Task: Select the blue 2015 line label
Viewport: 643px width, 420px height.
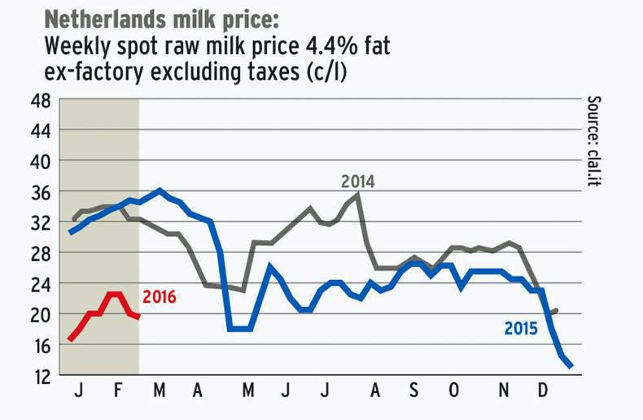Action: (x=520, y=330)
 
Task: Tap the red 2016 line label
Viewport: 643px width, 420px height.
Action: (x=159, y=296)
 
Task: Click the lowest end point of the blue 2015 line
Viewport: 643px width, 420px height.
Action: (x=572, y=366)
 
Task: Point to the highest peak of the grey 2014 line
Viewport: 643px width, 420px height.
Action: (x=359, y=194)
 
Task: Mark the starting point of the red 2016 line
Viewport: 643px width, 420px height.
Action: (x=70, y=339)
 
